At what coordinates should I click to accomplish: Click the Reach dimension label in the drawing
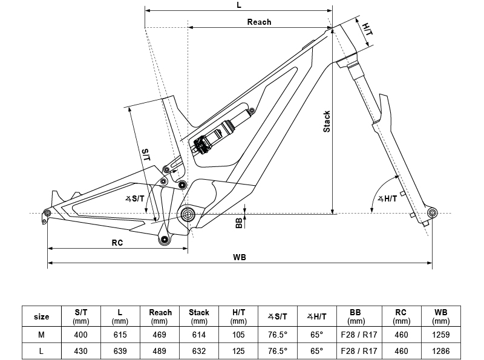259,22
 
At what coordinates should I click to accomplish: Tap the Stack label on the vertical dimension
327,122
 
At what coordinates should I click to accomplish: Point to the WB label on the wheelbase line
239,257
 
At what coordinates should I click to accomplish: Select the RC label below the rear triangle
117,242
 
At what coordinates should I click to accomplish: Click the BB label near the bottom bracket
239,223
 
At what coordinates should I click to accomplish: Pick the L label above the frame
239,5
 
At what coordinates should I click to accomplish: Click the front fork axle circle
432,213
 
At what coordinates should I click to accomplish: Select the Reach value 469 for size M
160,335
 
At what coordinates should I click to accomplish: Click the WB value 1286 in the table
441,350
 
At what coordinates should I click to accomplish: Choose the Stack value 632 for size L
199,350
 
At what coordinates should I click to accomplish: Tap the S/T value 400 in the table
81,335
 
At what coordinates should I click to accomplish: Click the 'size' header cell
41,316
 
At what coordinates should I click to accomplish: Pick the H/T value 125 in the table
238,350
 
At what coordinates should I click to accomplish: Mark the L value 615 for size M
121,335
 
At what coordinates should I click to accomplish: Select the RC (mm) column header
401,316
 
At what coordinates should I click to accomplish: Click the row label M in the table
41,335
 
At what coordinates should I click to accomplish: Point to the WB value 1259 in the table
441,335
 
